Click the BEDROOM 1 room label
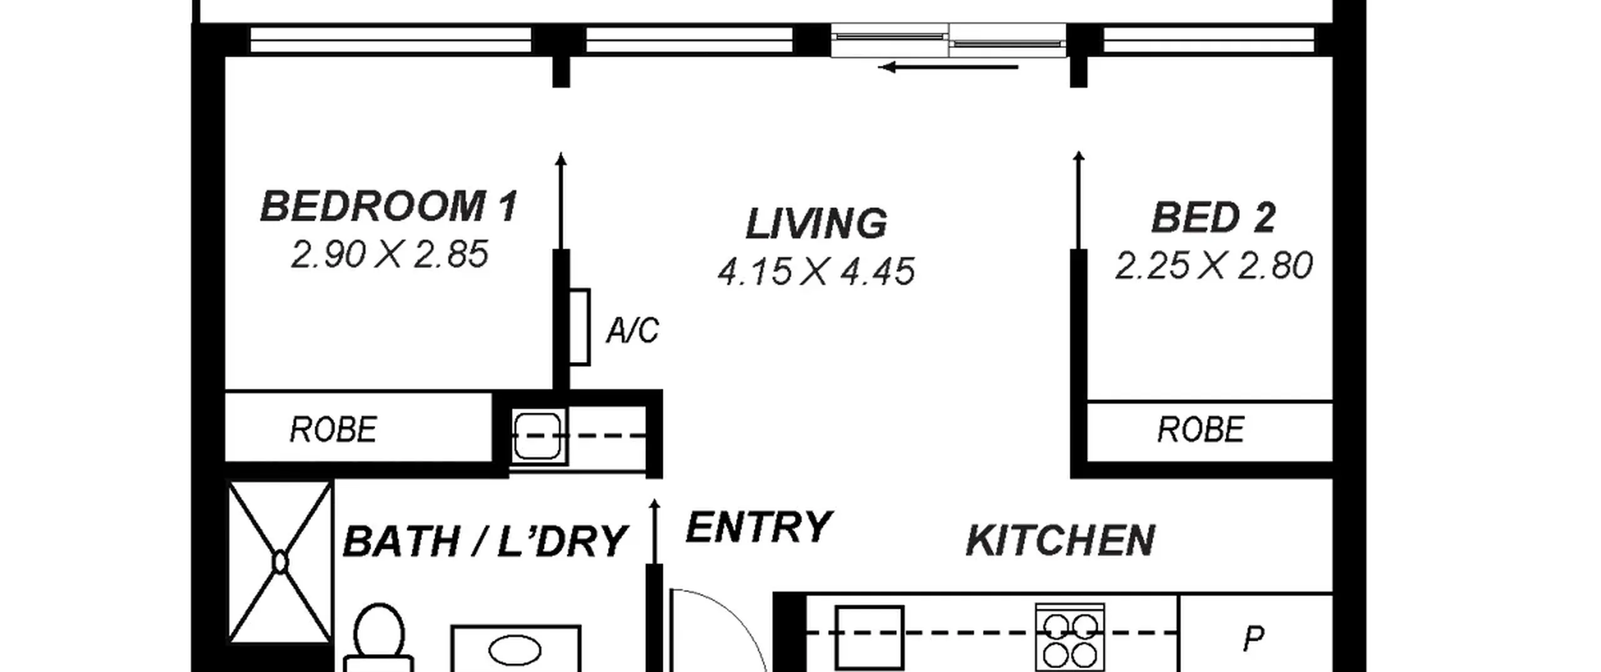(389, 206)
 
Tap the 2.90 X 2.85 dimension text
(389, 254)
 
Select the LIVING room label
(816, 223)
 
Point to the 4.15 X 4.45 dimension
(816, 272)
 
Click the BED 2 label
(1213, 218)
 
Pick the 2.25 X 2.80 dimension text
(1213, 266)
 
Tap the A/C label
(632, 330)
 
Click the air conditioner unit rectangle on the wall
(579, 326)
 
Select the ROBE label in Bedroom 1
(333, 429)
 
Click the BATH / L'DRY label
(485, 541)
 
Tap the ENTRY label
(759, 527)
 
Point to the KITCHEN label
(1061, 541)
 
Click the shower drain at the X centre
(280, 563)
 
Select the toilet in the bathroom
(378, 638)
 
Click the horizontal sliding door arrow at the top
(948, 67)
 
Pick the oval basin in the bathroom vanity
(515, 651)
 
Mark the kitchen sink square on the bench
(870, 638)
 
